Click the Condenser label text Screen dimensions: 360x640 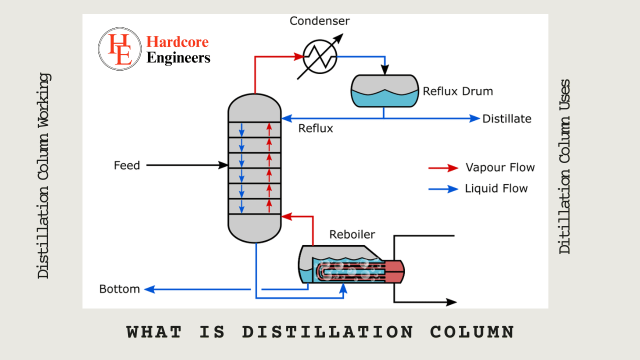320,21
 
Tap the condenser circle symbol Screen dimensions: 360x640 319,56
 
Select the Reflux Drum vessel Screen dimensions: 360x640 384,90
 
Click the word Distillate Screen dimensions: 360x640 506,119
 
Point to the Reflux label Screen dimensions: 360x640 315,128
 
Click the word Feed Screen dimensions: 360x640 127,165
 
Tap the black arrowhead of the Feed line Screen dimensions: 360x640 223,165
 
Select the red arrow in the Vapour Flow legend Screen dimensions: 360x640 443,168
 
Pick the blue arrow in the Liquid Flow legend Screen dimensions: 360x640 443,189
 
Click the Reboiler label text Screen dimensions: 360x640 352,234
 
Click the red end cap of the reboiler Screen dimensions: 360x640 394,271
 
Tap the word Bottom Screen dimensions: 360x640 119,289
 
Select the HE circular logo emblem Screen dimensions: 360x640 119,48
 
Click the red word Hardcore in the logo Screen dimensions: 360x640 177,42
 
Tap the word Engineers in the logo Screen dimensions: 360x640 178,58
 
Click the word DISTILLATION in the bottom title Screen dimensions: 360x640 327,332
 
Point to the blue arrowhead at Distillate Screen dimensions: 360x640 474,118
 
